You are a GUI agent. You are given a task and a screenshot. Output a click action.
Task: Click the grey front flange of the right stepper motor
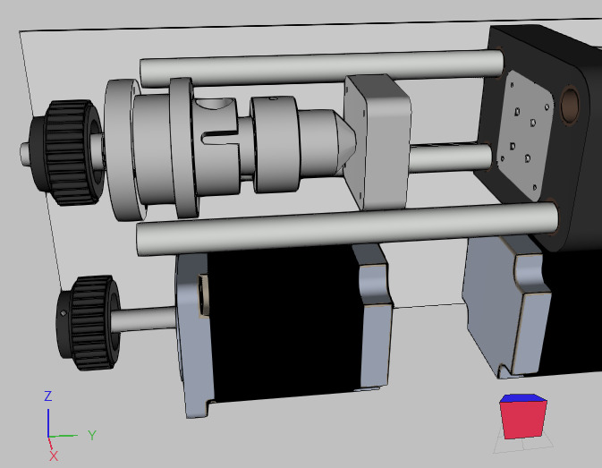(x=501, y=304)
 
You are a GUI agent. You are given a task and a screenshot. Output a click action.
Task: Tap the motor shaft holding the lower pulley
(x=148, y=317)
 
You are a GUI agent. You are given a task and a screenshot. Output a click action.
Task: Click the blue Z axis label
(x=47, y=396)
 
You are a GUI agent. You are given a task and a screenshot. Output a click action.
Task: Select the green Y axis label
(x=91, y=435)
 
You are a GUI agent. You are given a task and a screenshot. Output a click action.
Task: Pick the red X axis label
(x=53, y=455)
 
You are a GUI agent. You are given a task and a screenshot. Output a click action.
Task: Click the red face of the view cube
(x=523, y=419)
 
